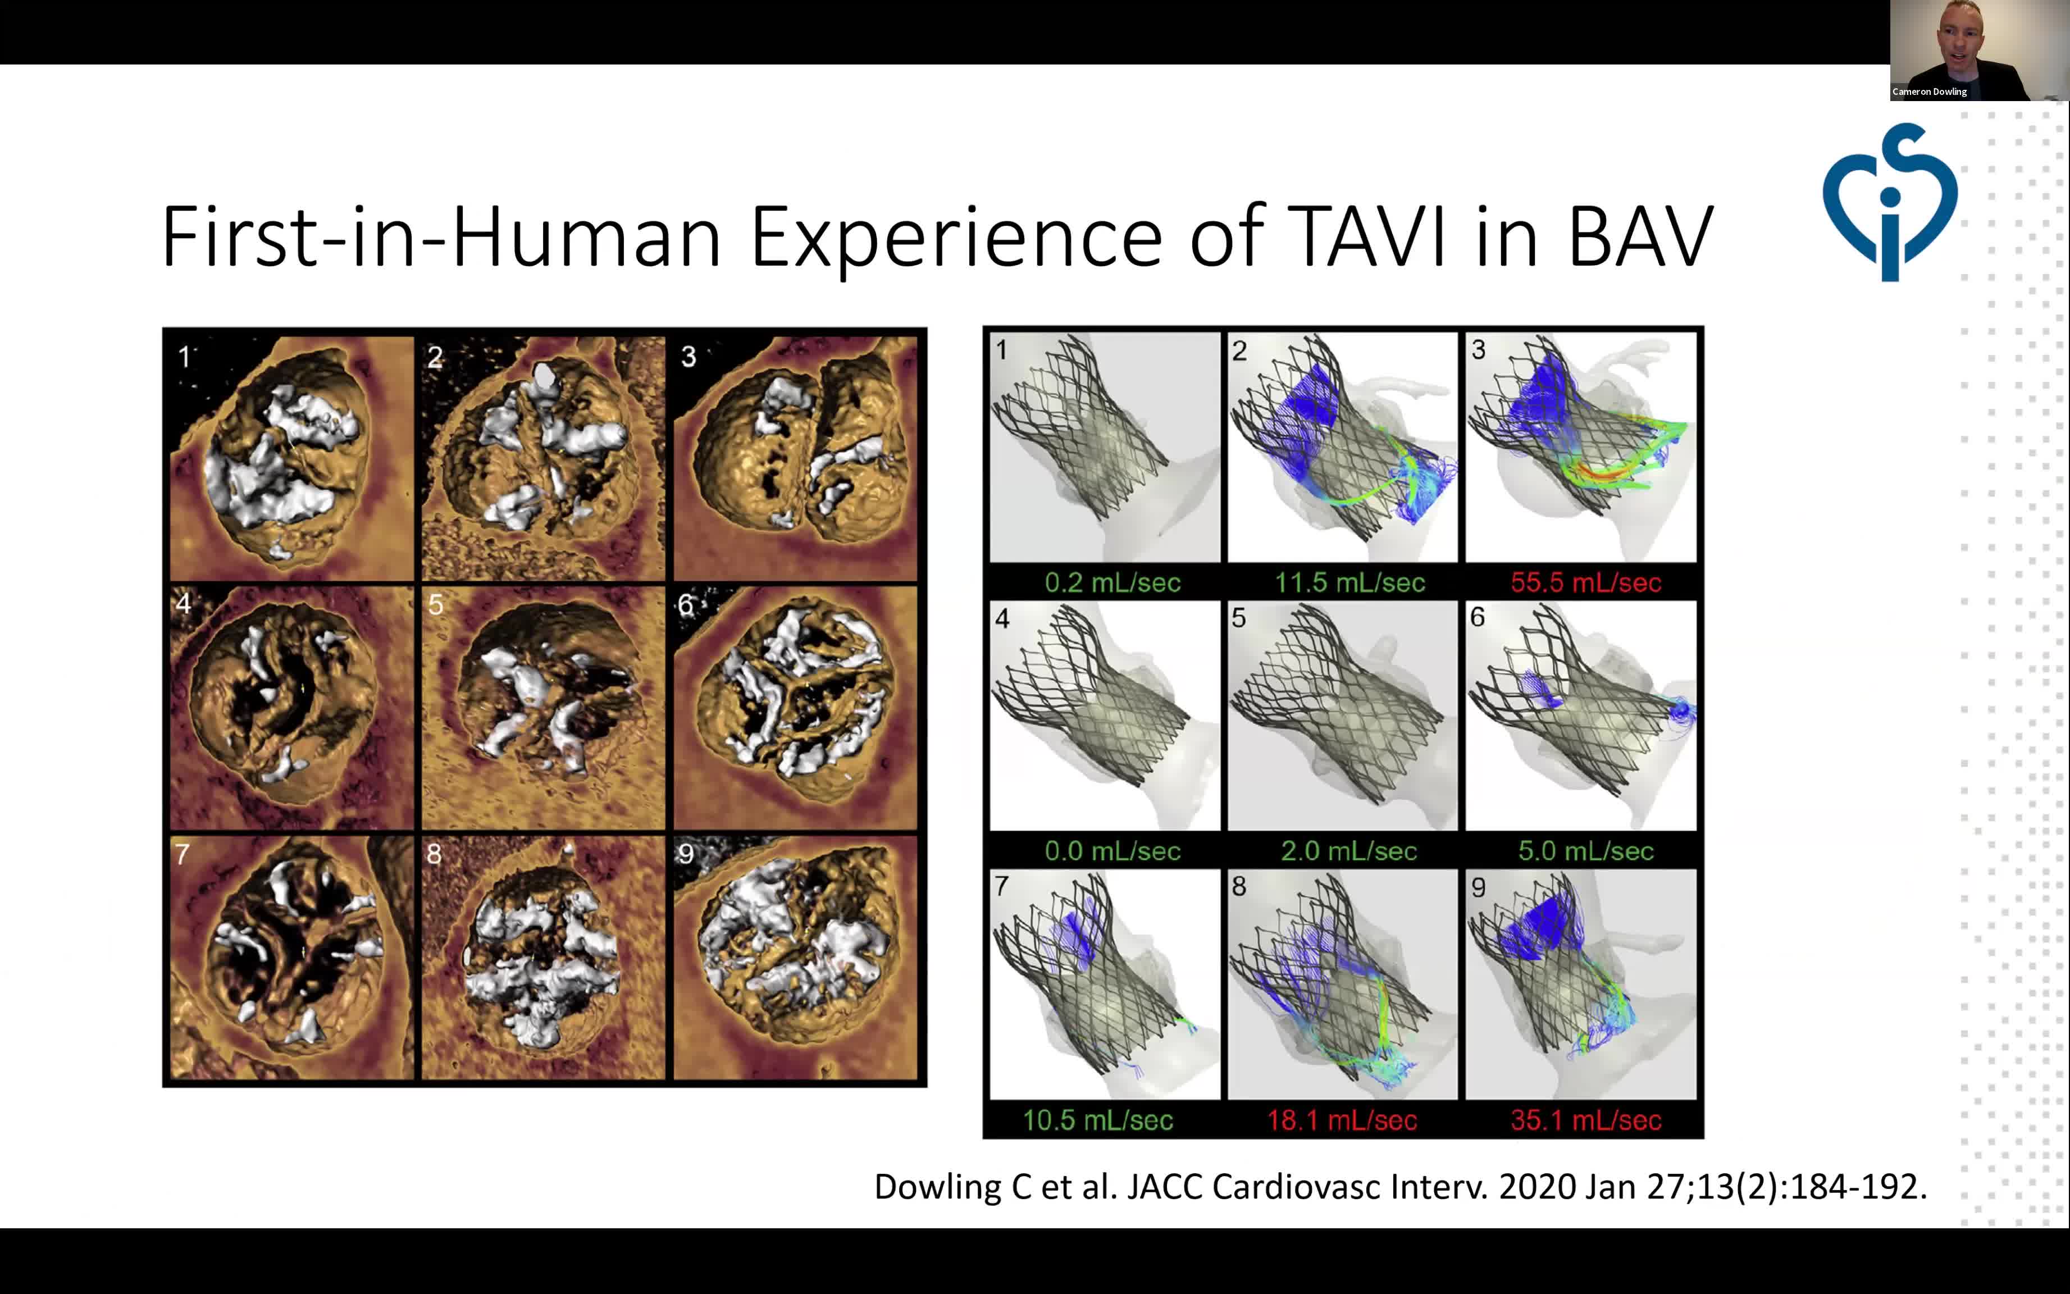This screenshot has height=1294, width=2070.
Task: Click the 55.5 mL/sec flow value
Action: point(1586,583)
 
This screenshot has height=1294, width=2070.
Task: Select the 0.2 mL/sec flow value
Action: point(1112,583)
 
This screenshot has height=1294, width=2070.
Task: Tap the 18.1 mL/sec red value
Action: point(1342,1120)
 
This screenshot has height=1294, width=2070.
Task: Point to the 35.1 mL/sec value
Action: point(1586,1120)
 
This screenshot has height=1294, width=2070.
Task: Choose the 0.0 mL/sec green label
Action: point(1112,851)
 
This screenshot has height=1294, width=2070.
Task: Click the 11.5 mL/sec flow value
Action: point(1349,583)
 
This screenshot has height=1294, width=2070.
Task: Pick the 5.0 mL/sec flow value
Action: point(1586,851)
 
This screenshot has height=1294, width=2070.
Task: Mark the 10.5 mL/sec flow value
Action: point(1098,1120)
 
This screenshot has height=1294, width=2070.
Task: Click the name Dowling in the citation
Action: point(938,1187)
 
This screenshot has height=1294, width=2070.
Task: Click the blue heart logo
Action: point(1890,202)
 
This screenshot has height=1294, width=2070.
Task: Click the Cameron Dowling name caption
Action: point(1930,92)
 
